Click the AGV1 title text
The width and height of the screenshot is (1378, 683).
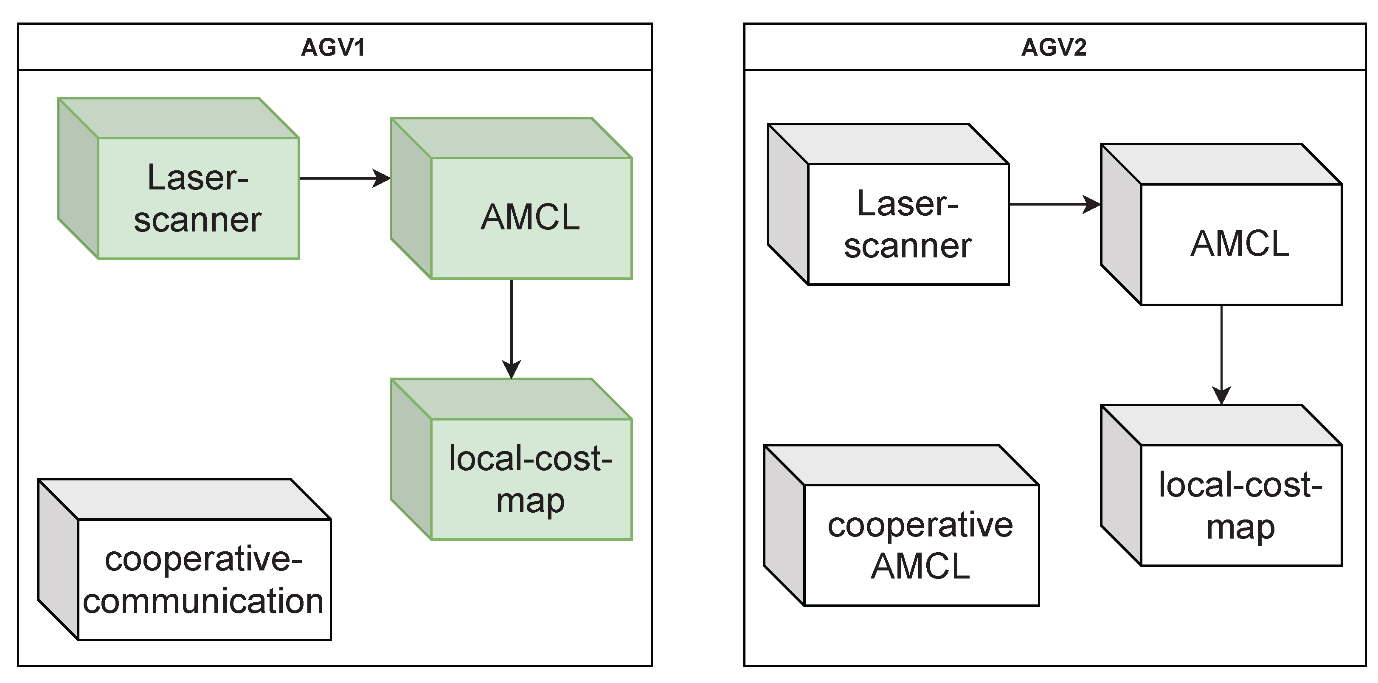pyautogui.click(x=333, y=47)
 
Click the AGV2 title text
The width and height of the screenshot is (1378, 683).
pyautogui.click(x=1053, y=47)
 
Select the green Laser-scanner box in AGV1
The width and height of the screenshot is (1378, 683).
pyautogui.click(x=198, y=198)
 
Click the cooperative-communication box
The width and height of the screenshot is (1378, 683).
pyautogui.click(x=204, y=579)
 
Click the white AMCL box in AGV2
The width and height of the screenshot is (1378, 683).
pyautogui.click(x=1240, y=243)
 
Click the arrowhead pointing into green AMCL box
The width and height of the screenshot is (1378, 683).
pyautogui.click(x=382, y=178)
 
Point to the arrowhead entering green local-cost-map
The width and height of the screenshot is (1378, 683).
pyautogui.click(x=512, y=370)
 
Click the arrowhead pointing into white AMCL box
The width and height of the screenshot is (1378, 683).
pyautogui.click(x=1092, y=204)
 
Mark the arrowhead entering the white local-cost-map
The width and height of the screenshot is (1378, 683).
pyautogui.click(x=1221, y=395)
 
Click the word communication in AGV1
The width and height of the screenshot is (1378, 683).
pyautogui.click(x=204, y=601)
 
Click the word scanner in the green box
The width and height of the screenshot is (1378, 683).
pyautogui.click(x=198, y=220)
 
